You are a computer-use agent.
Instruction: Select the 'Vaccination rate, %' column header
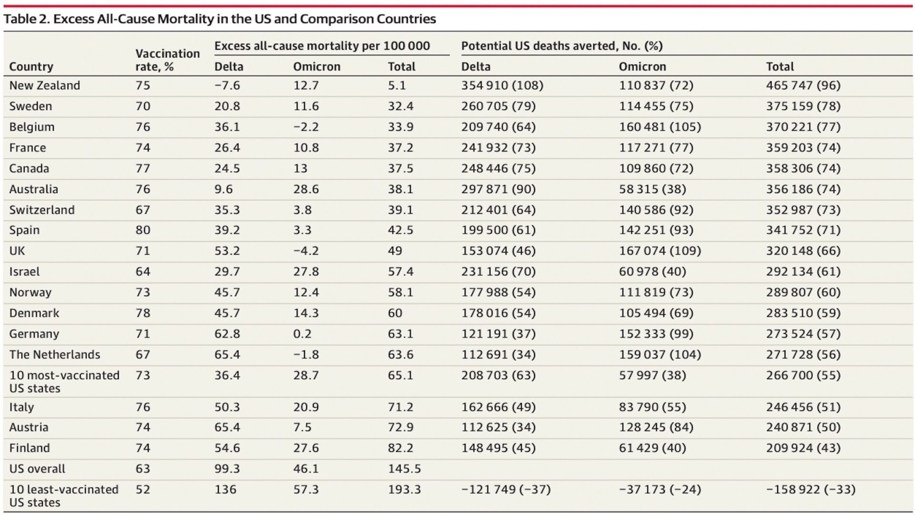(167, 60)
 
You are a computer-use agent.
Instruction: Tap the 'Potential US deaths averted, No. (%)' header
(561, 46)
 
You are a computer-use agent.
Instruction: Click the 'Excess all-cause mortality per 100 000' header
(322, 46)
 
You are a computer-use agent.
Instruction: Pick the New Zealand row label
(44, 85)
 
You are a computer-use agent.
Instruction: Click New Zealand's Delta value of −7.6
(227, 85)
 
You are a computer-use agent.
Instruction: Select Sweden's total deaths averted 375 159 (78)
(803, 106)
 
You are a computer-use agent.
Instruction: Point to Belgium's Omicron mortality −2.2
(305, 127)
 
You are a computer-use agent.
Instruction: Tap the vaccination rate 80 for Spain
(142, 230)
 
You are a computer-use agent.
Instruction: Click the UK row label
(17, 251)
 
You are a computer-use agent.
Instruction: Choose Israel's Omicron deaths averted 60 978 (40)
(652, 271)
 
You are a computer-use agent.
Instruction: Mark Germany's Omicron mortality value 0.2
(302, 334)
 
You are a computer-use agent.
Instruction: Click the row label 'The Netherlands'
(54, 354)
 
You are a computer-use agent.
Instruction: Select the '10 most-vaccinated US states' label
(64, 381)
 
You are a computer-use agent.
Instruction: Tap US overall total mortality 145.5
(404, 469)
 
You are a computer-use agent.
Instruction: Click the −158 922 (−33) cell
(811, 489)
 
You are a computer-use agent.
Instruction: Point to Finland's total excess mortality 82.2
(400, 448)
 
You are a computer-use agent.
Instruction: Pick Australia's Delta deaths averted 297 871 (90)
(498, 189)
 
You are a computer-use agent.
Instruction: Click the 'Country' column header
(31, 66)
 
